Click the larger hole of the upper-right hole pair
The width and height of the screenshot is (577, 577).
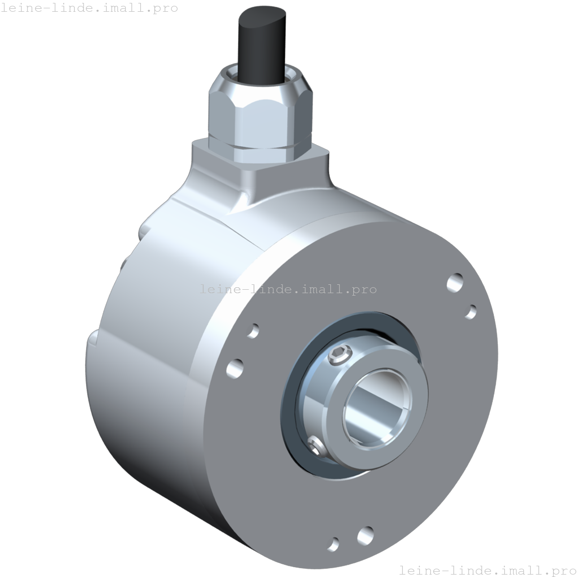455,282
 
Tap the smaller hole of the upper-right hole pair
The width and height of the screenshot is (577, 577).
471,312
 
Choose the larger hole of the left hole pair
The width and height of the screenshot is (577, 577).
235,368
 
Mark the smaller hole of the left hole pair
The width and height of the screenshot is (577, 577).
254,331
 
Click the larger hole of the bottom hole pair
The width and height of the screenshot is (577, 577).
365,535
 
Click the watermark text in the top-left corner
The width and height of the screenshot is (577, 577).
89,8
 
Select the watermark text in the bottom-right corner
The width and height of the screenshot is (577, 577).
487,570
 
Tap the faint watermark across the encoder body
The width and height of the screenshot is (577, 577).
288,289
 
